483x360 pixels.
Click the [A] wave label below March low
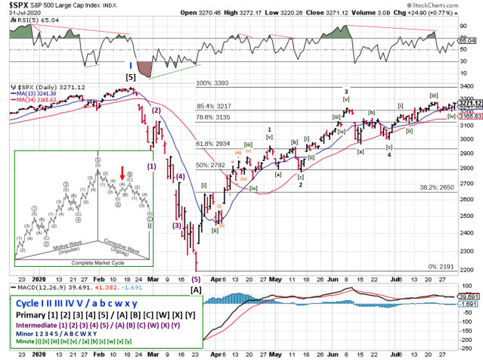tap(196, 290)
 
